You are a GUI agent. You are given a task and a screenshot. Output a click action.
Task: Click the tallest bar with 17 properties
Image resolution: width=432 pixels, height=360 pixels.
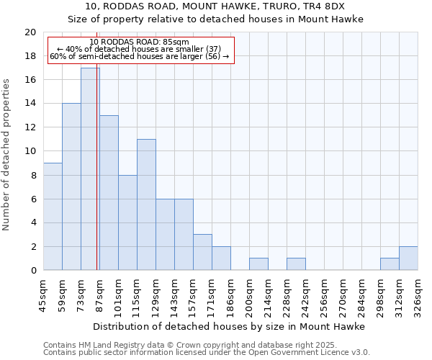pyautogui.click(x=90, y=169)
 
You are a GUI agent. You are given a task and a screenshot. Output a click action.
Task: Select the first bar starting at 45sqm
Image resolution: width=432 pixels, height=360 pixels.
pyautogui.click(x=53, y=216)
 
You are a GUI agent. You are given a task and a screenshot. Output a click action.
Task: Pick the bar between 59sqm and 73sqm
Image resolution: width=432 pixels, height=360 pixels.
pyautogui.click(x=71, y=186)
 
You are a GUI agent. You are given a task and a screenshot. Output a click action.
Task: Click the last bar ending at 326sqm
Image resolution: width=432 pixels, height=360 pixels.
pyautogui.click(x=408, y=258)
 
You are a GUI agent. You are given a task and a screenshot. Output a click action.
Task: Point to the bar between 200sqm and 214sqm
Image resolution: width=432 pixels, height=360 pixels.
pyautogui.click(x=258, y=264)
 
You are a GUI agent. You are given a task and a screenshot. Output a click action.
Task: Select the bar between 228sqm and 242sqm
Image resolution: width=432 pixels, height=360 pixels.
pyautogui.click(x=296, y=264)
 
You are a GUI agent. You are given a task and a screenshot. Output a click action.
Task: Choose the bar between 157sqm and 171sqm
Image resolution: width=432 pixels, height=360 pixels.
pyautogui.click(x=202, y=252)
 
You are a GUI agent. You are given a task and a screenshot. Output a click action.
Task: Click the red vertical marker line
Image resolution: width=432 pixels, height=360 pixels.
pyautogui.click(x=97, y=180)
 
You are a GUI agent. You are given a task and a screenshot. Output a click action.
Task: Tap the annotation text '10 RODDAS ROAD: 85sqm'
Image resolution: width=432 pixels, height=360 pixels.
pyautogui.click(x=140, y=42)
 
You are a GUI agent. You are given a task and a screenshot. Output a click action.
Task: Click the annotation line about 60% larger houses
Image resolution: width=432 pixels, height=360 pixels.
pyautogui.click(x=140, y=56)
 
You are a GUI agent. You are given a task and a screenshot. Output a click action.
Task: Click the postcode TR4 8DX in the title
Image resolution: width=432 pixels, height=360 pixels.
pyautogui.click(x=327, y=6)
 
